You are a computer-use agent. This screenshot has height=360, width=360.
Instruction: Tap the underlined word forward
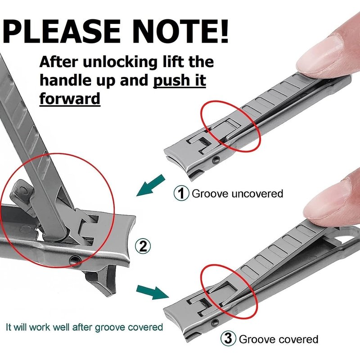point(70,98)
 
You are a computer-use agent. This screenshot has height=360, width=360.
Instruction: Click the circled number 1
point(181,193)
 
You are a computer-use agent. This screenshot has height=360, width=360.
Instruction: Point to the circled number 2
point(143,246)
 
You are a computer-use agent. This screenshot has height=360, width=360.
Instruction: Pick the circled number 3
point(228,339)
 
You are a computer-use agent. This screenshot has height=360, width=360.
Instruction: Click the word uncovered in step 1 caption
point(257,193)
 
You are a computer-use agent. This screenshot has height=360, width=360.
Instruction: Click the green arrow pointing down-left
point(151,185)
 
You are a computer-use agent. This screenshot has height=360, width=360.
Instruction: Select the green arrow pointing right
point(153,292)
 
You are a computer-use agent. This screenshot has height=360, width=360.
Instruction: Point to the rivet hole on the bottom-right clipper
point(215,322)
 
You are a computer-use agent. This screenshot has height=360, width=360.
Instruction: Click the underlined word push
point(168,81)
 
